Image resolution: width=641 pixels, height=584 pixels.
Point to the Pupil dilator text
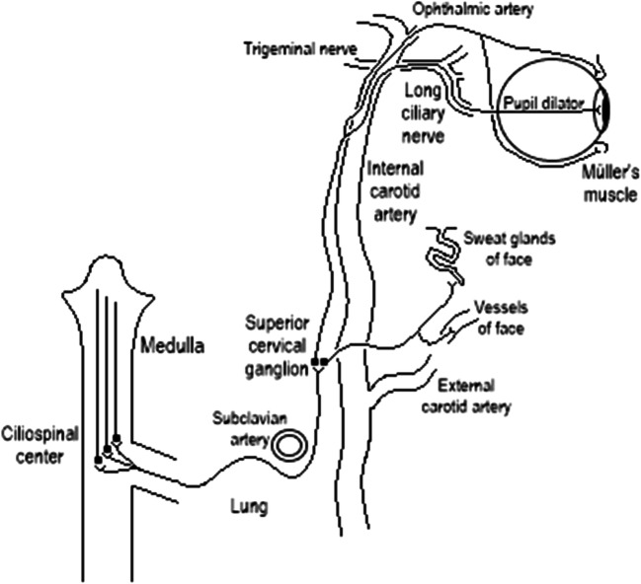[x=542, y=103]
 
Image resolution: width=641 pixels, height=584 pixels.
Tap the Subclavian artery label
[x=243, y=425]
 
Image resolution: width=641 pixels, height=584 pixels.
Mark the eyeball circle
[x=553, y=104]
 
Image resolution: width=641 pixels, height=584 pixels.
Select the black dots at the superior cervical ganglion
[x=318, y=362]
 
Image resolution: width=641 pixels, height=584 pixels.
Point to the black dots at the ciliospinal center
[x=107, y=450]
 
